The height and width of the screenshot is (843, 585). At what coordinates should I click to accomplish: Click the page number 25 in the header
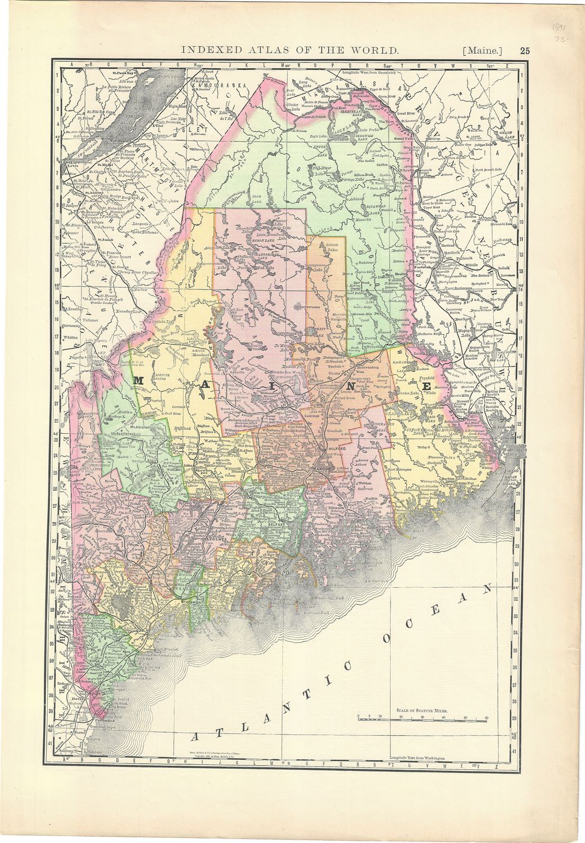click(x=524, y=50)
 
